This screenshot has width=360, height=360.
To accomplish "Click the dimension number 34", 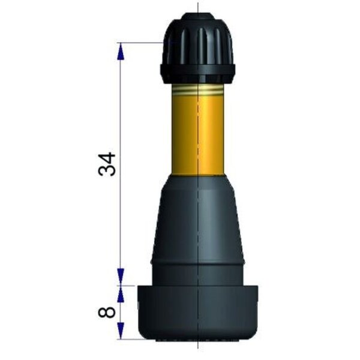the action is coord(107,164).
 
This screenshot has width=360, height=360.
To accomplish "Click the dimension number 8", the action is coord(107,312).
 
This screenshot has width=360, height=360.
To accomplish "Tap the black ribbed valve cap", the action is coord(197,49).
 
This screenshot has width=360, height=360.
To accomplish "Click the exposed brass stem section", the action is coord(197,130).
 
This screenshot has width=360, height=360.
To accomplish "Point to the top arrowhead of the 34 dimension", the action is coord(121,52).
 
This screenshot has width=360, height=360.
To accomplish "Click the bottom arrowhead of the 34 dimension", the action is coord(121,277).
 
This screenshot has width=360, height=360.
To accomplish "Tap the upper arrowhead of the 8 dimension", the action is coord(121,294).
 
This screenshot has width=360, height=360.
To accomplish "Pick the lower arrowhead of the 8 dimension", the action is coord(121,331).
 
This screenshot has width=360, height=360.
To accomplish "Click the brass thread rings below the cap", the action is coord(197,89).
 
